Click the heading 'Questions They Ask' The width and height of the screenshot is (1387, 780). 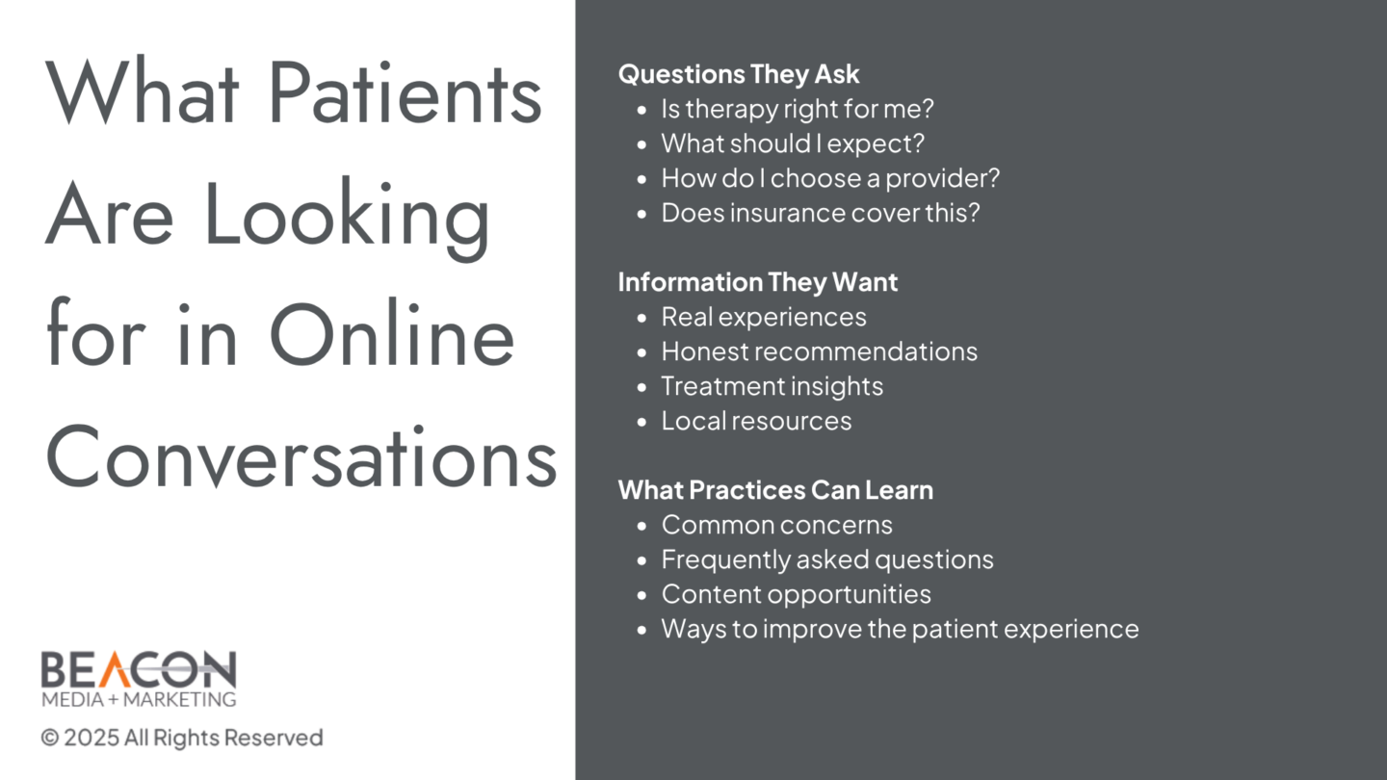(x=739, y=74)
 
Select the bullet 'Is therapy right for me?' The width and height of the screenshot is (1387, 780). (x=797, y=109)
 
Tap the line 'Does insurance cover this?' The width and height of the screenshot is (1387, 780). (x=821, y=213)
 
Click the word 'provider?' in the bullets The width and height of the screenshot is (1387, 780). (x=942, y=179)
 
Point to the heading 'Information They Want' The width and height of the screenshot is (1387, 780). (x=758, y=282)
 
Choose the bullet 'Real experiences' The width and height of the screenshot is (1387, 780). (x=764, y=317)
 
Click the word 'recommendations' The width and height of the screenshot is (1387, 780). (x=866, y=351)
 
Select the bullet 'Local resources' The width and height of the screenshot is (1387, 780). (x=756, y=421)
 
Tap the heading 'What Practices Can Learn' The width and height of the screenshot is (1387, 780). (x=775, y=490)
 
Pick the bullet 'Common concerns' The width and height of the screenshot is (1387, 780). (x=776, y=525)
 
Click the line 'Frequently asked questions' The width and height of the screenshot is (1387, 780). (x=827, y=559)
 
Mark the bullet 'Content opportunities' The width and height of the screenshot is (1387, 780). (x=796, y=594)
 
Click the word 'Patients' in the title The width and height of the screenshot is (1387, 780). (x=406, y=92)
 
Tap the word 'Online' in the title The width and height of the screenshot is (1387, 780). (x=392, y=334)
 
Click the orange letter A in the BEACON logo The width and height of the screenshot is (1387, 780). (x=116, y=669)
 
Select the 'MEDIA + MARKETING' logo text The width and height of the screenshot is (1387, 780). (x=139, y=699)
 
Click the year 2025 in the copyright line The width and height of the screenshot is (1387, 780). (x=91, y=738)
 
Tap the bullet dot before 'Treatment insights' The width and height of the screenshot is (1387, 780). (x=641, y=387)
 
